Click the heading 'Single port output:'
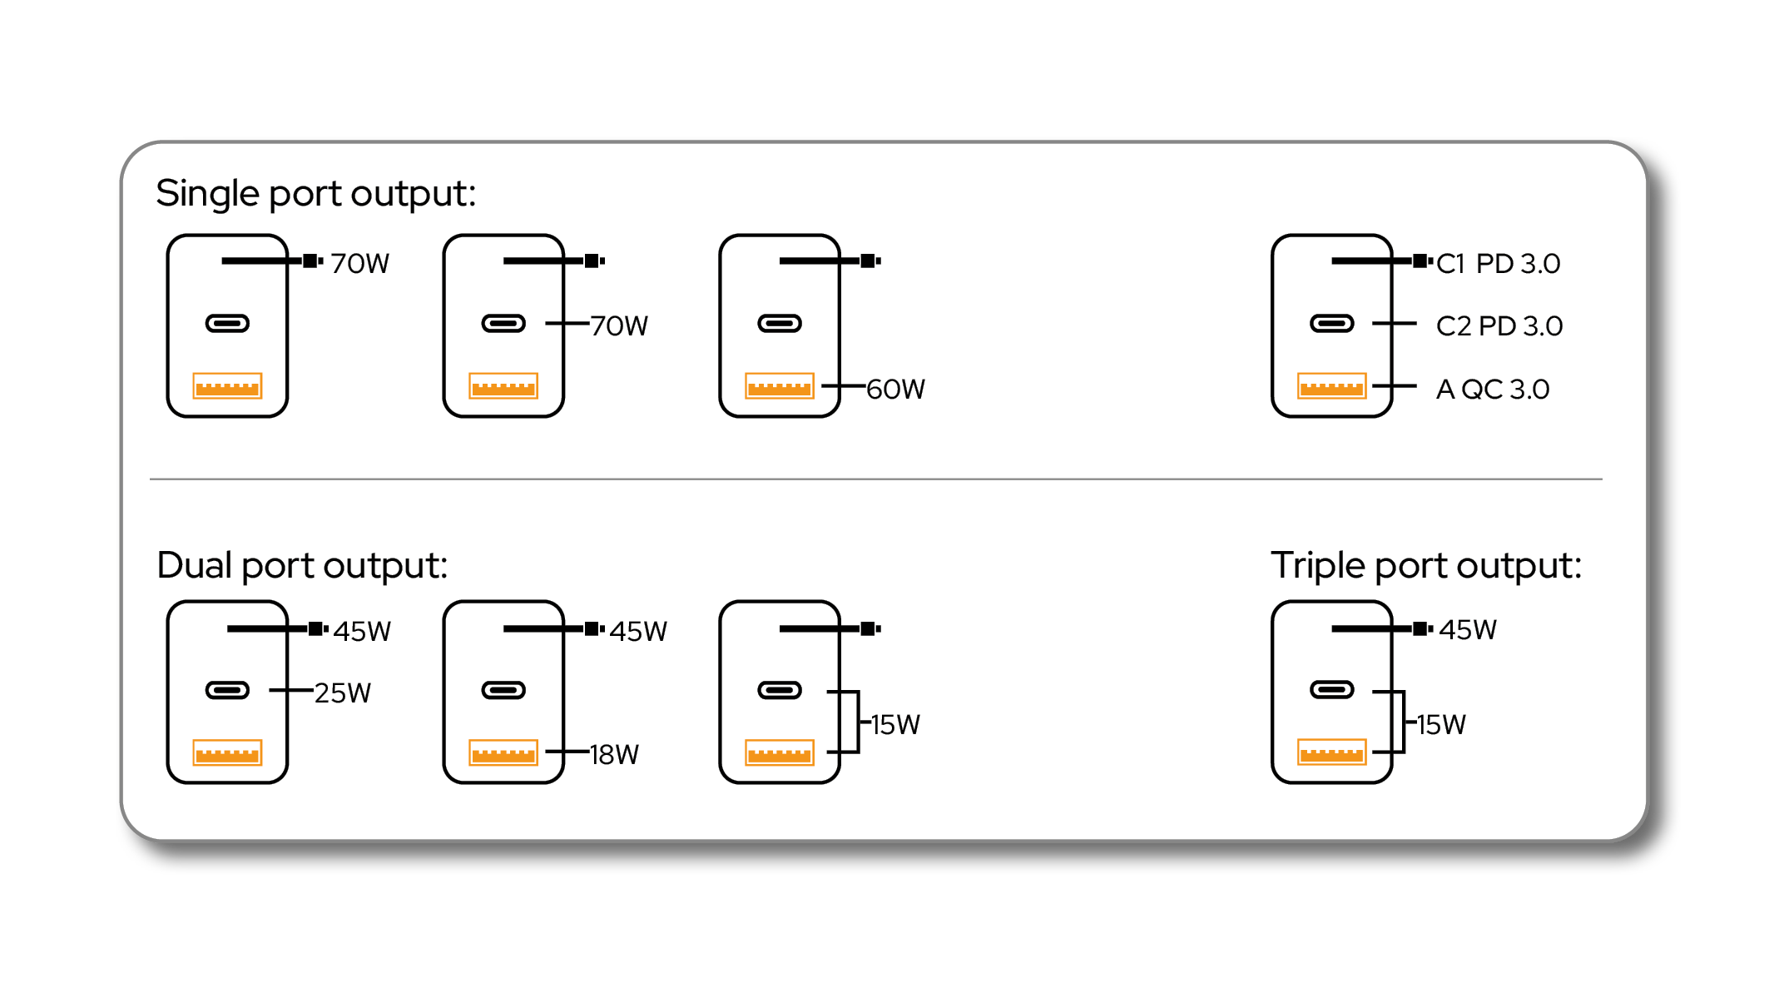pyautogui.click(x=315, y=194)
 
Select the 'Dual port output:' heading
pyautogui.click(x=302, y=566)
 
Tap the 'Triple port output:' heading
pyautogui.click(x=1426, y=566)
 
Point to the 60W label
pyautogui.click(x=895, y=389)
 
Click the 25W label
pyautogui.click(x=343, y=693)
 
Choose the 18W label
pyautogui.click(x=614, y=754)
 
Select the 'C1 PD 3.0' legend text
pyautogui.click(x=1498, y=263)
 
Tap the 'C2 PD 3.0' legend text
pyautogui.click(x=1499, y=325)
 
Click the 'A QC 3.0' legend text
pyautogui.click(x=1493, y=389)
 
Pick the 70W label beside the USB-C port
pyautogui.click(x=619, y=325)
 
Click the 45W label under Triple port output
pyautogui.click(x=1468, y=629)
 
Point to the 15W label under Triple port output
pyautogui.click(x=1441, y=724)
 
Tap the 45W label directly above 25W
pyautogui.click(x=362, y=631)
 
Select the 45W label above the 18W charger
pyautogui.click(x=638, y=631)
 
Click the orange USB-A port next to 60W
pyautogui.click(x=780, y=386)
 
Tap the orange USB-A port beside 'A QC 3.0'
pyautogui.click(x=1332, y=386)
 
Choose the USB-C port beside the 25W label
pyautogui.click(x=227, y=690)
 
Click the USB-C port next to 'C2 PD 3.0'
pyautogui.click(x=1332, y=323)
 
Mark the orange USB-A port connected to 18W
pyautogui.click(x=503, y=752)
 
